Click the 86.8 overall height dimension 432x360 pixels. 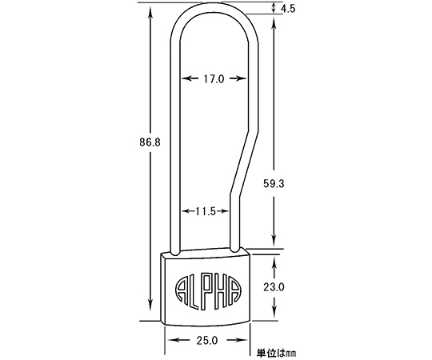[x=150, y=142]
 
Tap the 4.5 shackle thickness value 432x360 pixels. [x=288, y=9]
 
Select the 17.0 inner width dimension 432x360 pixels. [x=214, y=79]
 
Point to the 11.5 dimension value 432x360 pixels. [x=206, y=211]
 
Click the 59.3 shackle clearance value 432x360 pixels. [x=274, y=183]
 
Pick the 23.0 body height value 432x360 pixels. [x=274, y=287]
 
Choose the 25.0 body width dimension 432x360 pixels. [x=207, y=341]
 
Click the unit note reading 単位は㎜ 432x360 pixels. [x=276, y=353]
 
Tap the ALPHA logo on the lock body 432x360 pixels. [x=208, y=292]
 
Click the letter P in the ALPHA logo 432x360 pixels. [x=207, y=292]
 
